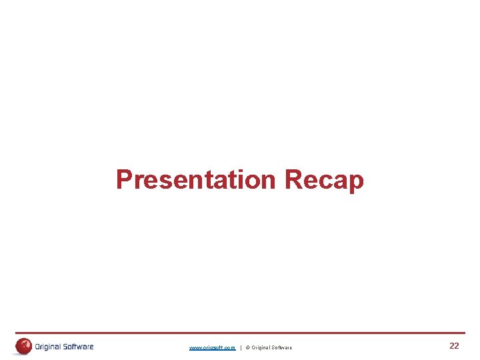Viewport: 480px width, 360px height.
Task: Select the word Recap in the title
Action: (324, 180)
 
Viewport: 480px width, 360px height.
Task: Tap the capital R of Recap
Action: (293, 179)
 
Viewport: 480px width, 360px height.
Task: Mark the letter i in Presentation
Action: (237, 179)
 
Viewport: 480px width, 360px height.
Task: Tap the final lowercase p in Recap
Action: (355, 183)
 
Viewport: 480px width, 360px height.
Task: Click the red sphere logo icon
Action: (23, 346)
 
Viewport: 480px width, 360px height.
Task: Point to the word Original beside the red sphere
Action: (49, 347)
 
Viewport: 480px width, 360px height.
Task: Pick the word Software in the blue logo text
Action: (79, 347)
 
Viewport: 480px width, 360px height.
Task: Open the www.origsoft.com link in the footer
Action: (212, 347)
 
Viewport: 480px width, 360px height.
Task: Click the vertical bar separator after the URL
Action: (241, 347)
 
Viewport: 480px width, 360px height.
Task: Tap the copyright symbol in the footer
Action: (248, 347)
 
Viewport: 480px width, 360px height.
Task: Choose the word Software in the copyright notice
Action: (281, 347)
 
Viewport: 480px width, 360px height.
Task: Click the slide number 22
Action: (454, 346)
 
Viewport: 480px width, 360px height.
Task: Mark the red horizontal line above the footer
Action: (240, 333)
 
